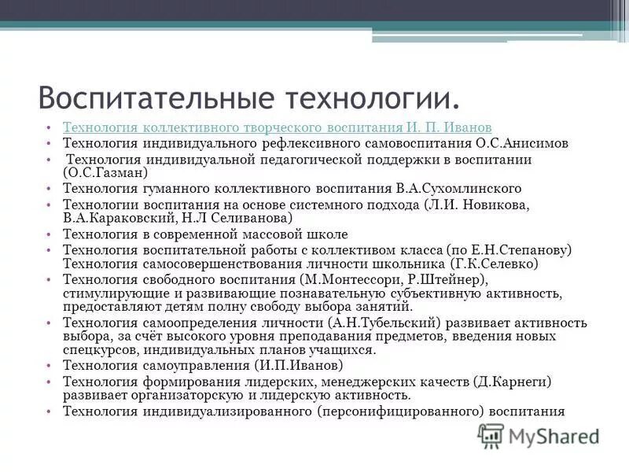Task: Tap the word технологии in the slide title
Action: pos(365,98)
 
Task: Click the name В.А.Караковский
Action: pos(115,218)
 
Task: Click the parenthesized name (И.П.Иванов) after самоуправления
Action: pos(299,366)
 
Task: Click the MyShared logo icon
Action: pos(491,435)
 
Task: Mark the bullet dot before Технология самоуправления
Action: pos(49,366)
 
